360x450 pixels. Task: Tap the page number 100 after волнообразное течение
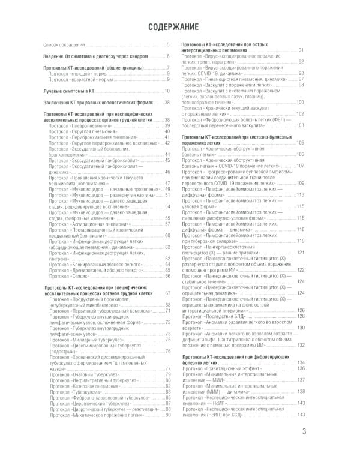coord(301,102)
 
